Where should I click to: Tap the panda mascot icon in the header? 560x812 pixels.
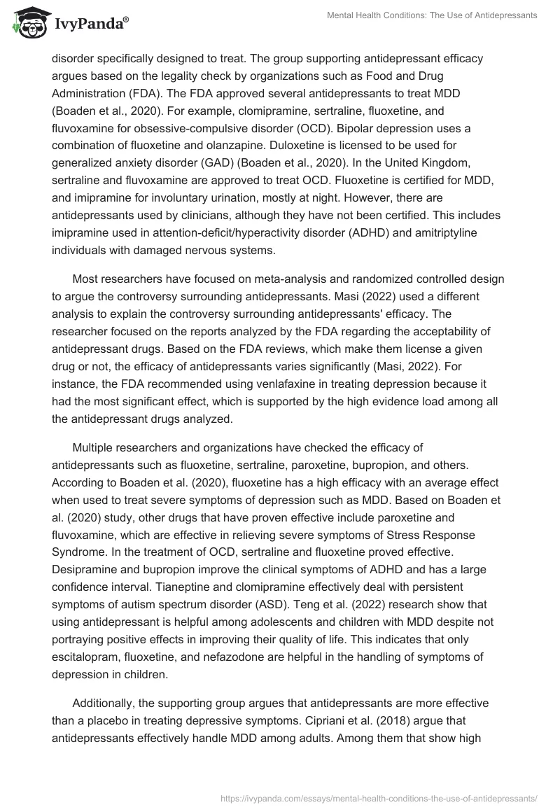28,21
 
